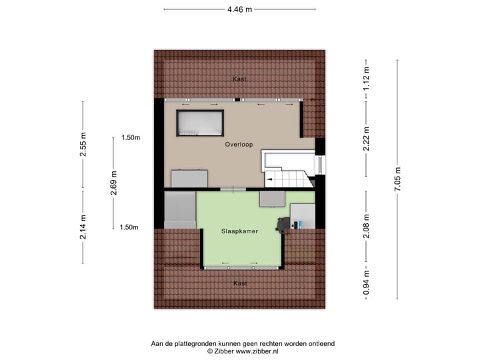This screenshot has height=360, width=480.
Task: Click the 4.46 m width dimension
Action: pos(239,10)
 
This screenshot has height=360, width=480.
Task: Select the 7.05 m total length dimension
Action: pos(398,180)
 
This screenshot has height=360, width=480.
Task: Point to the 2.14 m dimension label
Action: pos(83,227)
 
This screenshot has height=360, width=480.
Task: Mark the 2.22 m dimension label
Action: pos(366,140)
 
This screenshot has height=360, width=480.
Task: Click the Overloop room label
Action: pos(238,143)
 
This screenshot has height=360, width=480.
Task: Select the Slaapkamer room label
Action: pos(240,231)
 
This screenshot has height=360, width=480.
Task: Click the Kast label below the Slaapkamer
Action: pos(240,283)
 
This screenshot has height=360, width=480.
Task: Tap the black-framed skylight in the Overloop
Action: pos(199,123)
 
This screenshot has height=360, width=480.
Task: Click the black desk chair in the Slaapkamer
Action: pos(284,225)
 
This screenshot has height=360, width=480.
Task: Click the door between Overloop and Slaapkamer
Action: pos(231,191)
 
